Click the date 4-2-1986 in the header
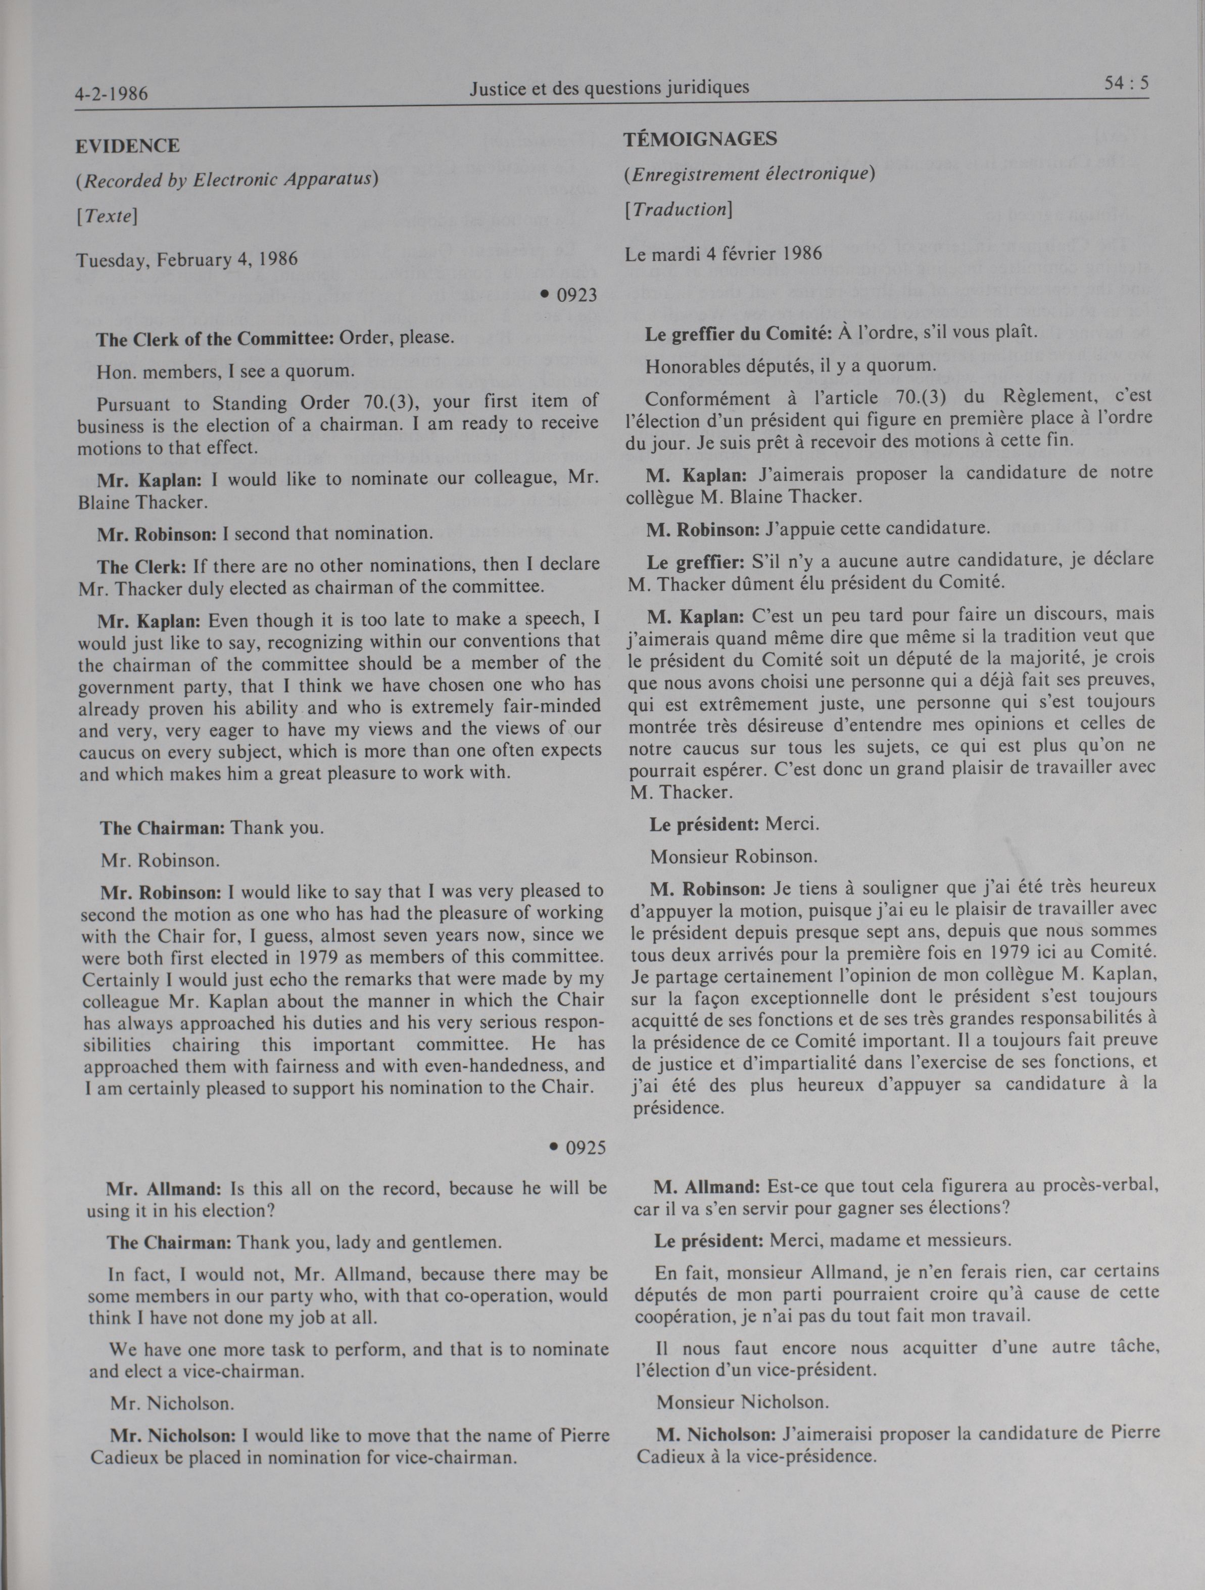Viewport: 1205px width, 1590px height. pyautogui.click(x=111, y=94)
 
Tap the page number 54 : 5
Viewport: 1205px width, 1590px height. pyautogui.click(x=1126, y=84)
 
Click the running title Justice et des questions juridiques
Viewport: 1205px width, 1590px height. pyautogui.click(x=609, y=87)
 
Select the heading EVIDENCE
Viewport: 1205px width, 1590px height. pyautogui.click(x=128, y=146)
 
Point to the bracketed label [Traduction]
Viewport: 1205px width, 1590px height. pyautogui.click(x=679, y=209)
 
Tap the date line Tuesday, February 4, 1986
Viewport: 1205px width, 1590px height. pyautogui.click(x=187, y=259)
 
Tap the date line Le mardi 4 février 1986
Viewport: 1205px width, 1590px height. pyautogui.click(x=723, y=254)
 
